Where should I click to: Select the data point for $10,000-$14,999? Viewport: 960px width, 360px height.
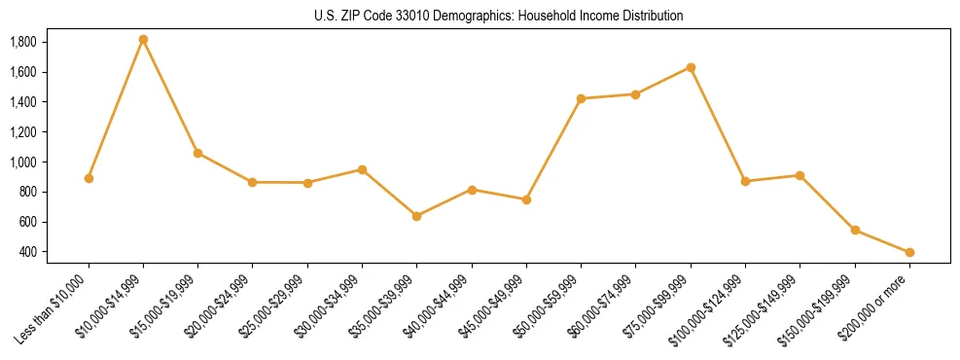[143, 40]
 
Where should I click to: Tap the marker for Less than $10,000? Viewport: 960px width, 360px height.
[89, 178]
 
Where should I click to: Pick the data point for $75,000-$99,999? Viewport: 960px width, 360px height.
[691, 67]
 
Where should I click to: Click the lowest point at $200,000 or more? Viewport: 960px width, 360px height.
[909, 252]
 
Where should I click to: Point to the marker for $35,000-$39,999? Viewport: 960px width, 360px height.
[416, 216]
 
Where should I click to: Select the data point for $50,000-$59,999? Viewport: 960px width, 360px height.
[581, 98]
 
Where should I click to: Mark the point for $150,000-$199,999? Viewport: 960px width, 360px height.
[855, 230]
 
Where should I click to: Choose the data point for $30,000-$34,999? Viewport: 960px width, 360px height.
[362, 169]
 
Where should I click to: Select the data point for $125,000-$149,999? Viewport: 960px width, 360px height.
[800, 176]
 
